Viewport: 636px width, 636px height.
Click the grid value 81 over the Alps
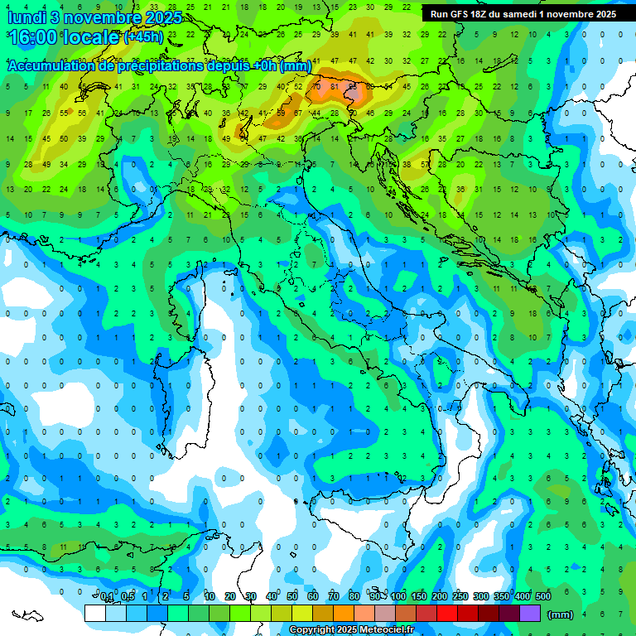(335, 86)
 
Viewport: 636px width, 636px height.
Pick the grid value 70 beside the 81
(316, 86)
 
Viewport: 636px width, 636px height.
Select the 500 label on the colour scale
(543, 597)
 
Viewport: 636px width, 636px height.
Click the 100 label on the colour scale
(398, 597)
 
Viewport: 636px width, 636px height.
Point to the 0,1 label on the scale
(107, 597)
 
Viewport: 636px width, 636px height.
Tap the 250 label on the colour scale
(460, 597)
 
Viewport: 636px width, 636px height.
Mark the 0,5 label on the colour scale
(128, 597)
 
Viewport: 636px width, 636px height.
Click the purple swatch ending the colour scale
(530, 613)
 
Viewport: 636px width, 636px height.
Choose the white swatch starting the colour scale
(95, 613)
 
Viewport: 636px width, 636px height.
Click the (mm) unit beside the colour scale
(561, 614)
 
